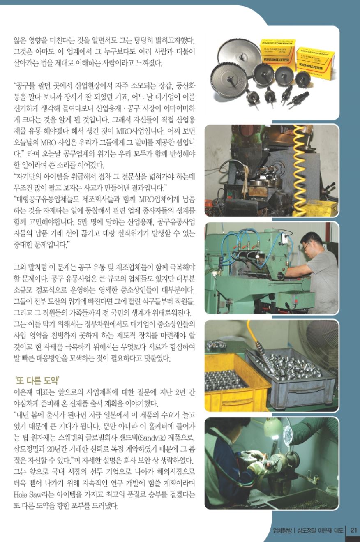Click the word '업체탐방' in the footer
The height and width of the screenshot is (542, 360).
click(282, 530)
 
